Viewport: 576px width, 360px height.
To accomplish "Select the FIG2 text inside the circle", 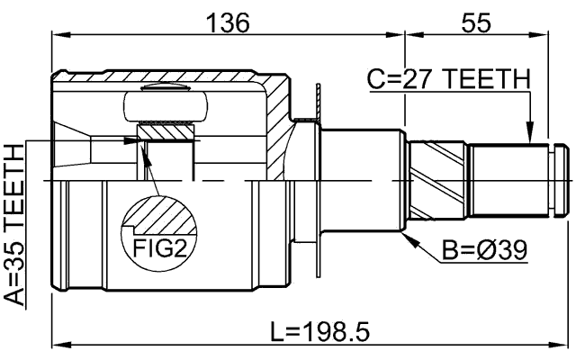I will (160, 244).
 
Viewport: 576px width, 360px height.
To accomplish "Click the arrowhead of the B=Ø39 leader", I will (410, 238).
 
